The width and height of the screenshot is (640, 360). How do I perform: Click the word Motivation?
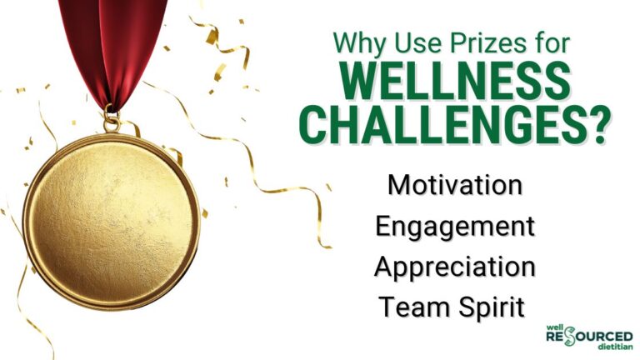pos(455,185)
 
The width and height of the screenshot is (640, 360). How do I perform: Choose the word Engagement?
pos(455,227)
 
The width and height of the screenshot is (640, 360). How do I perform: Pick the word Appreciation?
pos(455,267)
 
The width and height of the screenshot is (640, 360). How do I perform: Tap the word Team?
pos(411,306)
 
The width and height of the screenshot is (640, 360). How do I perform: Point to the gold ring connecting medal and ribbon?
pos(110,123)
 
